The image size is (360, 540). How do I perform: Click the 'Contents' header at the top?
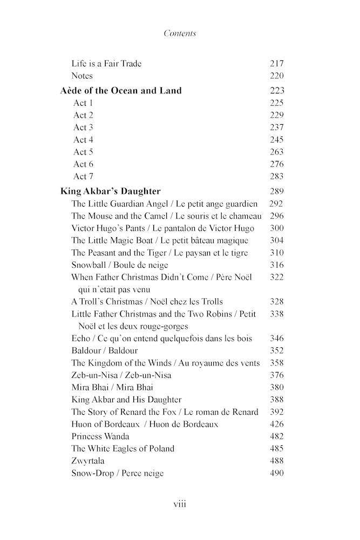click(180, 33)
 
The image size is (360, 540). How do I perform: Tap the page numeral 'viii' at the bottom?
click(180, 504)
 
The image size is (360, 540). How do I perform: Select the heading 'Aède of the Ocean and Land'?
click(121, 91)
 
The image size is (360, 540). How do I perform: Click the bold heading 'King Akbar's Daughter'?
click(110, 191)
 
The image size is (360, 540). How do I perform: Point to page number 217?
click(276, 63)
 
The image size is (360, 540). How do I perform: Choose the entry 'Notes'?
click(82, 76)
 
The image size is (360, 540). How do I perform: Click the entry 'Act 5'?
click(83, 152)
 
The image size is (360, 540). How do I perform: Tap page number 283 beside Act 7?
click(276, 176)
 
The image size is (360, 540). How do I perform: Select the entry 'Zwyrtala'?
click(88, 461)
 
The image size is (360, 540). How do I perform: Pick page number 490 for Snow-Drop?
click(276, 473)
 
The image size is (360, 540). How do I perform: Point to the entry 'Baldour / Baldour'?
click(105, 350)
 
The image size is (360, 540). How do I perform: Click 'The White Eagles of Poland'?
click(123, 448)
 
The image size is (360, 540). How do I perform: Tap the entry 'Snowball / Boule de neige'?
click(120, 265)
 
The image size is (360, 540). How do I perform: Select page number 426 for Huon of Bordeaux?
click(276, 424)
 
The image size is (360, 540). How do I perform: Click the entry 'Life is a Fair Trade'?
click(106, 63)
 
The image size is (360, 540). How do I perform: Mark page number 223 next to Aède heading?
click(276, 91)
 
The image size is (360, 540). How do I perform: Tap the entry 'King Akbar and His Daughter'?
click(126, 400)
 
